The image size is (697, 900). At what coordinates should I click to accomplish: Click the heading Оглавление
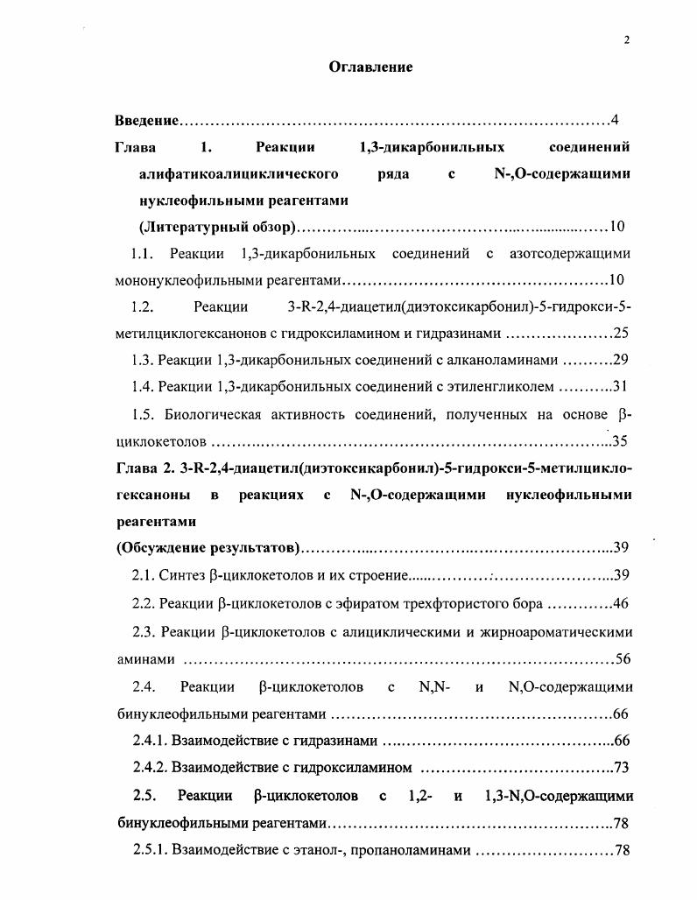point(370,67)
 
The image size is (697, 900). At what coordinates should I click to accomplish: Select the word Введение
point(147,120)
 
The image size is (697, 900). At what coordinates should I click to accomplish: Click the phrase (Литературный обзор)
point(217,228)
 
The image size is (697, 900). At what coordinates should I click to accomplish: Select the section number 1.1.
point(142,254)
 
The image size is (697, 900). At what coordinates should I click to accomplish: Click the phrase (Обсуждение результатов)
point(208,548)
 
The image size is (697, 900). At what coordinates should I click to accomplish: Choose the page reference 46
point(621,603)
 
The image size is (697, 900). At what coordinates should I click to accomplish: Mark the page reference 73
point(622,768)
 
